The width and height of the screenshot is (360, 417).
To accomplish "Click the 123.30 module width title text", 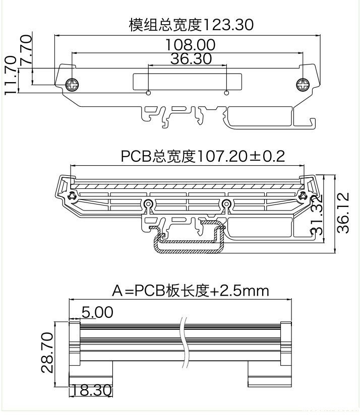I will [191, 25].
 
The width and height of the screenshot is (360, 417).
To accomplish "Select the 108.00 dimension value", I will [191, 45].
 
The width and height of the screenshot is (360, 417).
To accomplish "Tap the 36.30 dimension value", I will [191, 59].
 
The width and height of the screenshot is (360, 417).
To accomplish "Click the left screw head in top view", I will [73, 85].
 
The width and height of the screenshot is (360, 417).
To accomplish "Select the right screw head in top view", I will [303, 85].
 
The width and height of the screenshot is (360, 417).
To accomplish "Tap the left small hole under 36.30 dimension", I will [148, 93].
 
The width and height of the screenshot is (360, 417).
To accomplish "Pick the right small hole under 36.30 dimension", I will [226, 93].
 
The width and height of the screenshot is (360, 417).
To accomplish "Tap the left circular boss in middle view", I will [148, 203].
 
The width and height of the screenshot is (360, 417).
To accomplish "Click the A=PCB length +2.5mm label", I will [190, 291].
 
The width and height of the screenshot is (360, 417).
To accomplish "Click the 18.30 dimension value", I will [91, 390].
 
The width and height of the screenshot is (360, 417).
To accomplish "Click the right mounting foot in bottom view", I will [269, 375].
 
